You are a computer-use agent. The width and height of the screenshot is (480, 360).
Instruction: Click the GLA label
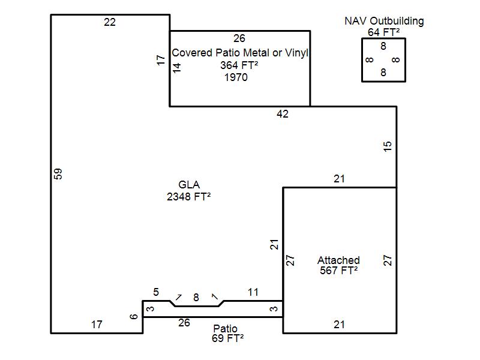click(189, 185)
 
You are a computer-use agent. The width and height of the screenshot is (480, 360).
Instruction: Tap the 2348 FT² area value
click(189, 196)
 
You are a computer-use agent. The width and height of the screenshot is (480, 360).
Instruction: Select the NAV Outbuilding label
click(384, 21)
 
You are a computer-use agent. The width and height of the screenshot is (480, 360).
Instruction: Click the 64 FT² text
click(384, 32)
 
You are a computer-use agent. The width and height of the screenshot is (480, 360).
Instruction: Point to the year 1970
click(236, 77)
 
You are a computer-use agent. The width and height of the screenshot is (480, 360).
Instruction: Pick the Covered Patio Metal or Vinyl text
click(240, 53)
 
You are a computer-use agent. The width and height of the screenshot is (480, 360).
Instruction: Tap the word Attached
click(338, 260)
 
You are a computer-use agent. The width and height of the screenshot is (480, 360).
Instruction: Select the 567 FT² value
click(339, 271)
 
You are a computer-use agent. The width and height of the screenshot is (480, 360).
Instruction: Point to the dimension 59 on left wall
click(58, 174)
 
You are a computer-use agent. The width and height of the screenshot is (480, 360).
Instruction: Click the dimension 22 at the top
click(110, 23)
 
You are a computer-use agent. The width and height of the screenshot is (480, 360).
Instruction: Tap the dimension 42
click(283, 114)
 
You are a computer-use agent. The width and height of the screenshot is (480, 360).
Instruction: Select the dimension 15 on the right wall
click(388, 146)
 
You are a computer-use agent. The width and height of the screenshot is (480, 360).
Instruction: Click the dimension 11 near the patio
click(253, 292)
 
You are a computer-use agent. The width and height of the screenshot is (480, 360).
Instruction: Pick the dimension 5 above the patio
click(156, 292)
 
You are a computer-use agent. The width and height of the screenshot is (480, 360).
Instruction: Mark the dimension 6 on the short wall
click(134, 316)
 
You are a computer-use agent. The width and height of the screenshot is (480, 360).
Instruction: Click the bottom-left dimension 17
click(97, 325)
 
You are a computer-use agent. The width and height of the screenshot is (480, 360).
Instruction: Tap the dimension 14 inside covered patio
click(177, 68)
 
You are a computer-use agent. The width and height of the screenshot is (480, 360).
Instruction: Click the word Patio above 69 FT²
click(225, 329)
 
